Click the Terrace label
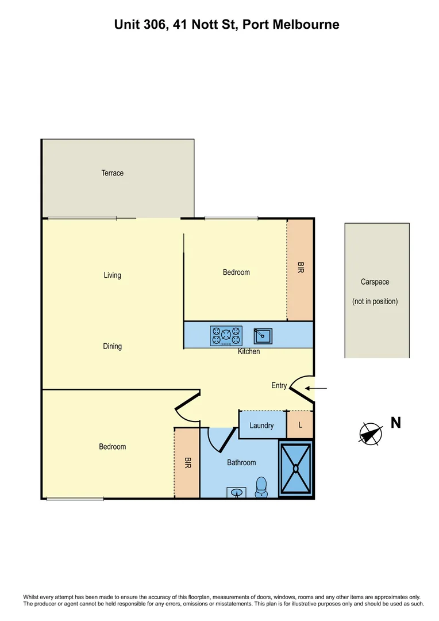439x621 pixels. click(x=113, y=173)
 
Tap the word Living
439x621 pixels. click(x=113, y=275)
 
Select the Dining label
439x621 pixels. click(x=113, y=347)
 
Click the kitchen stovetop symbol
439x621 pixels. click(x=226, y=336)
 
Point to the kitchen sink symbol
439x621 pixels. click(x=263, y=334)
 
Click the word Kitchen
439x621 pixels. click(x=249, y=351)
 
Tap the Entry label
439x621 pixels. click(x=279, y=386)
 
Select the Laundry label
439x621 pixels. click(x=261, y=426)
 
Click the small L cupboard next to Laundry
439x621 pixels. click(x=300, y=426)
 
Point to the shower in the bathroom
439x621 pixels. click(x=296, y=469)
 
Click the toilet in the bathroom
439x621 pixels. click(x=261, y=486)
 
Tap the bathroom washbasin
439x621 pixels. click(x=236, y=493)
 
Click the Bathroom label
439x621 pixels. click(x=241, y=462)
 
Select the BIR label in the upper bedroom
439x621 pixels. click(x=300, y=267)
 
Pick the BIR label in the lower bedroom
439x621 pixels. click(x=187, y=463)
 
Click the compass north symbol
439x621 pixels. click(x=371, y=434)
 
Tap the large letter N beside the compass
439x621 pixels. click(x=396, y=423)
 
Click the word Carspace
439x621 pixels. click(x=375, y=282)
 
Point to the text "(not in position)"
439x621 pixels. click(x=375, y=301)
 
